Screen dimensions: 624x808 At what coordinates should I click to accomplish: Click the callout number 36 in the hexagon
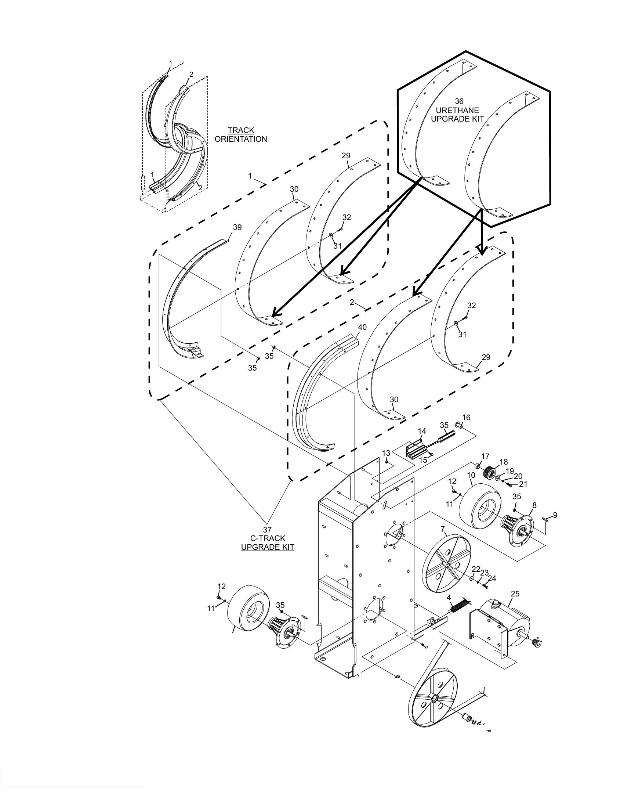pyautogui.click(x=459, y=101)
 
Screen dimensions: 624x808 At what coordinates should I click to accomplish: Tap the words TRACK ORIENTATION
pyautogui.click(x=241, y=135)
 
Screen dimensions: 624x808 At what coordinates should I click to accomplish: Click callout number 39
pyautogui.click(x=237, y=227)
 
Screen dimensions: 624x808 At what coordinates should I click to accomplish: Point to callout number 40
pyautogui.click(x=362, y=327)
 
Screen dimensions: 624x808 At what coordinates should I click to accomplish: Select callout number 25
pyautogui.click(x=515, y=594)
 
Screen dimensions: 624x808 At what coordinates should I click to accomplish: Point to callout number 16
pyautogui.click(x=466, y=417)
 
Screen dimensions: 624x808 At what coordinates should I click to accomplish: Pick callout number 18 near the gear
pyautogui.click(x=504, y=462)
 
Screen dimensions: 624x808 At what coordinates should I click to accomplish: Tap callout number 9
pyautogui.click(x=555, y=515)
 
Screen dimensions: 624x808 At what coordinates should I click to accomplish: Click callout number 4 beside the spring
pyautogui.click(x=449, y=598)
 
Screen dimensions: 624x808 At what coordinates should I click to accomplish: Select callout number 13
pyautogui.click(x=386, y=453)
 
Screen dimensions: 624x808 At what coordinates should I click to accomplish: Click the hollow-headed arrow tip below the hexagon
pyautogui.click(x=481, y=253)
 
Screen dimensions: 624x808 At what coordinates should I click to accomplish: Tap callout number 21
pyautogui.click(x=523, y=484)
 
